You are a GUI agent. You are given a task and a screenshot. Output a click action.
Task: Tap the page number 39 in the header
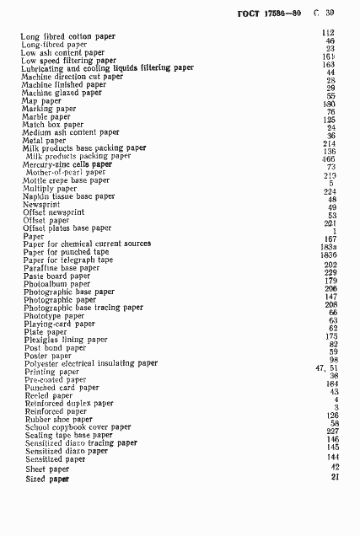pyautogui.click(x=330, y=13)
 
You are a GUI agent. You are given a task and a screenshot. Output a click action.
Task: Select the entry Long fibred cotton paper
pyautogui.click(x=68, y=36)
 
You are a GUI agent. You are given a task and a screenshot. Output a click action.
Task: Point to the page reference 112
pyautogui.click(x=329, y=33)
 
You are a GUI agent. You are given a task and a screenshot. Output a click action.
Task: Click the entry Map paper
pyautogui.click(x=41, y=100)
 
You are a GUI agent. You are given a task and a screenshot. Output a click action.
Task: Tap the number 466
pyautogui.click(x=329, y=158)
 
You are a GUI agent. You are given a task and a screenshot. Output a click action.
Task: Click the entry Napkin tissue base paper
pyautogui.click(x=69, y=196)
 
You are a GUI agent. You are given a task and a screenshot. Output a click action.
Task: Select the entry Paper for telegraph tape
pyautogui.click(x=68, y=260)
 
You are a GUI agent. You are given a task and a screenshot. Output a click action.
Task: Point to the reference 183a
pyautogui.click(x=329, y=247)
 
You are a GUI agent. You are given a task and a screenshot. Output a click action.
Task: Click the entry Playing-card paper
pyautogui.click(x=59, y=324)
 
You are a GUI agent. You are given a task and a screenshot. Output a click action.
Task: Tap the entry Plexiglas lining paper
pyautogui.click(x=66, y=340)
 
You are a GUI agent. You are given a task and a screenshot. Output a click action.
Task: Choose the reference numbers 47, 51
pyautogui.click(x=326, y=367)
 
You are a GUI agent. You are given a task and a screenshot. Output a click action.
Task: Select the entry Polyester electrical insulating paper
pyautogui.click(x=90, y=363)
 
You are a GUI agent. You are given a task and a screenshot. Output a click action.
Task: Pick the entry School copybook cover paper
pyautogui.click(x=77, y=427)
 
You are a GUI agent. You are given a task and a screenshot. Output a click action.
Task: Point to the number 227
pyautogui.click(x=331, y=431)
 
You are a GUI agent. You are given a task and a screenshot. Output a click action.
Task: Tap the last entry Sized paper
pyautogui.click(x=47, y=479)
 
